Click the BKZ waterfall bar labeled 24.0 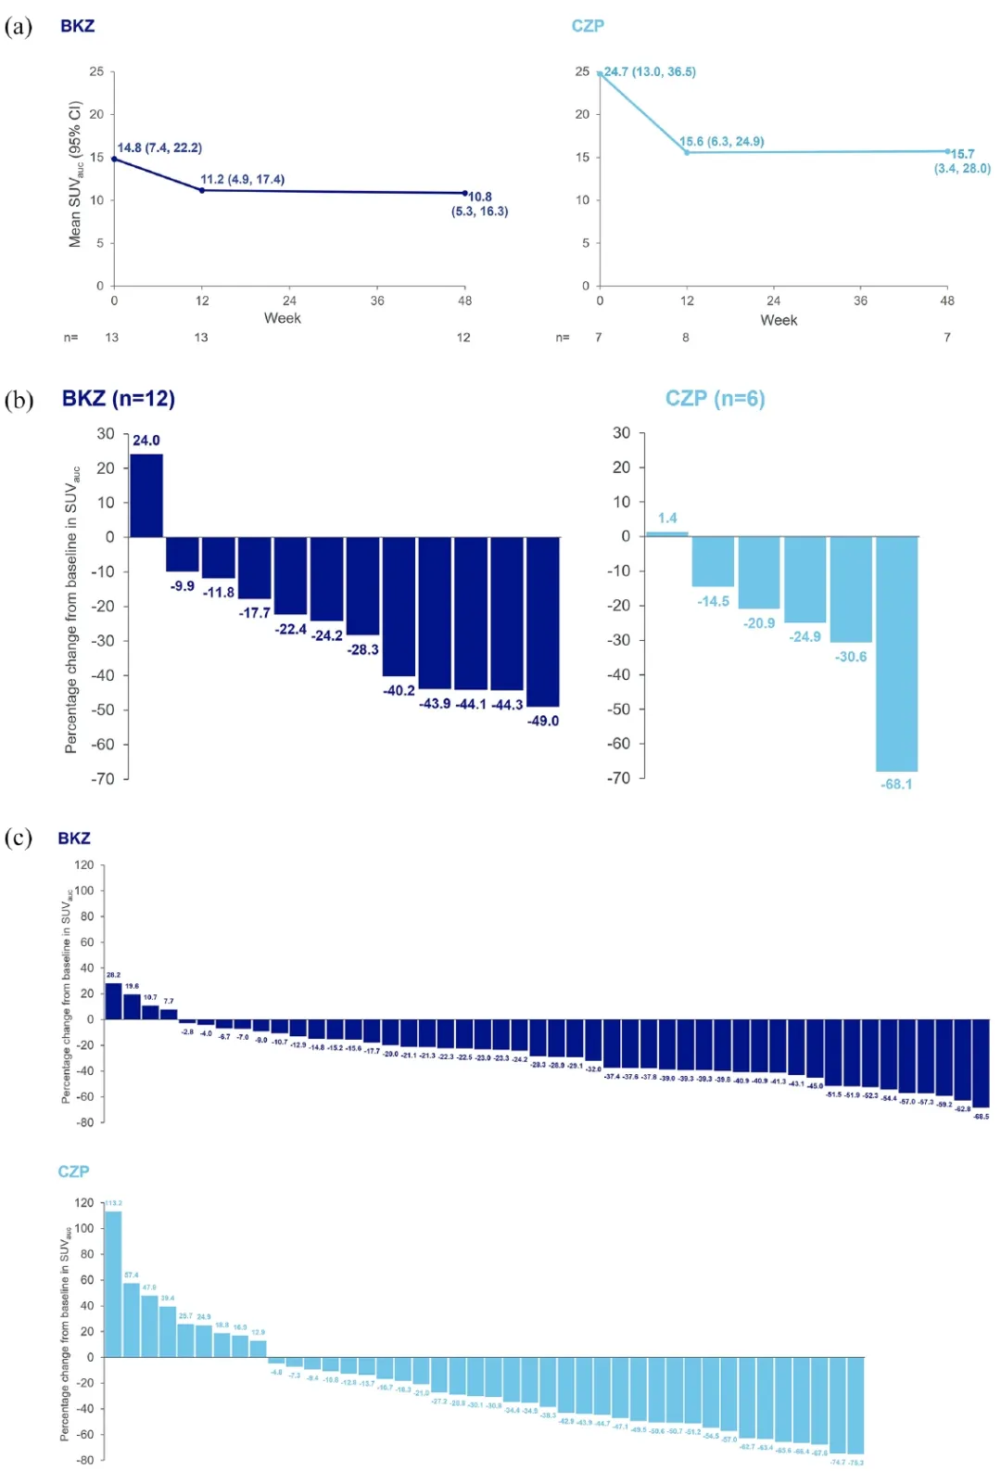(146, 495)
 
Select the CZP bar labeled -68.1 (896, 653)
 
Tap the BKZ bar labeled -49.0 (542, 621)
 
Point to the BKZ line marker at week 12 (202, 190)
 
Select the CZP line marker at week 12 (687, 152)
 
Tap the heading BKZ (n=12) (119, 399)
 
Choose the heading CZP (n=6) (715, 399)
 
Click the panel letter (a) (19, 26)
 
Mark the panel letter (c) (19, 838)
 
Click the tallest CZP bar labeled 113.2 (113, 1284)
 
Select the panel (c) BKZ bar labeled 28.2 (113, 1002)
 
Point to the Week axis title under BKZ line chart (282, 318)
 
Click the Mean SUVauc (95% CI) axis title (75, 174)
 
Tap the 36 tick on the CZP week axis (860, 301)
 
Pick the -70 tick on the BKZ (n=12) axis (102, 779)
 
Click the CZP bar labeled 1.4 (667, 533)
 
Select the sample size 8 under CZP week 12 (686, 338)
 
